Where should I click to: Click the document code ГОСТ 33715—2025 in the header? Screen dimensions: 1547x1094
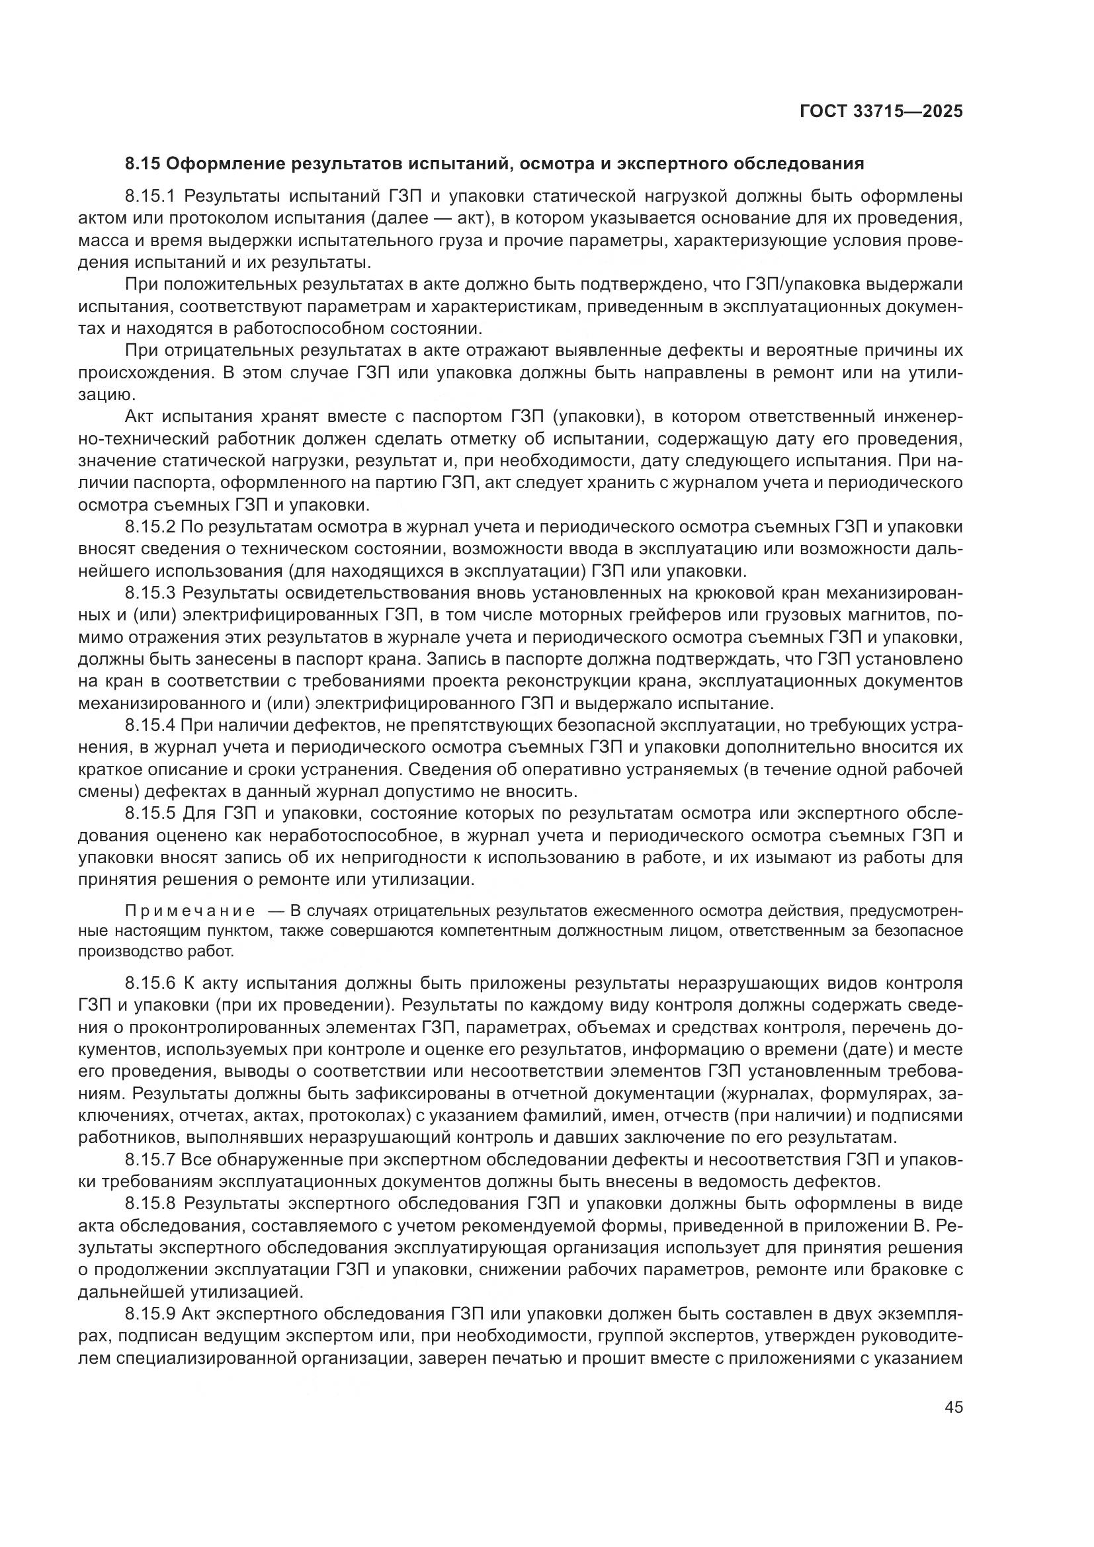880,112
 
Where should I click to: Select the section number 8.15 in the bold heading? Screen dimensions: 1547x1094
142,164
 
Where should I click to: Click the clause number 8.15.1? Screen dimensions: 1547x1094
149,196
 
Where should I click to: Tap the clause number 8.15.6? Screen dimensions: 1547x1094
149,983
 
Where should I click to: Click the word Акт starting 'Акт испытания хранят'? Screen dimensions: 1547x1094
140,417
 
